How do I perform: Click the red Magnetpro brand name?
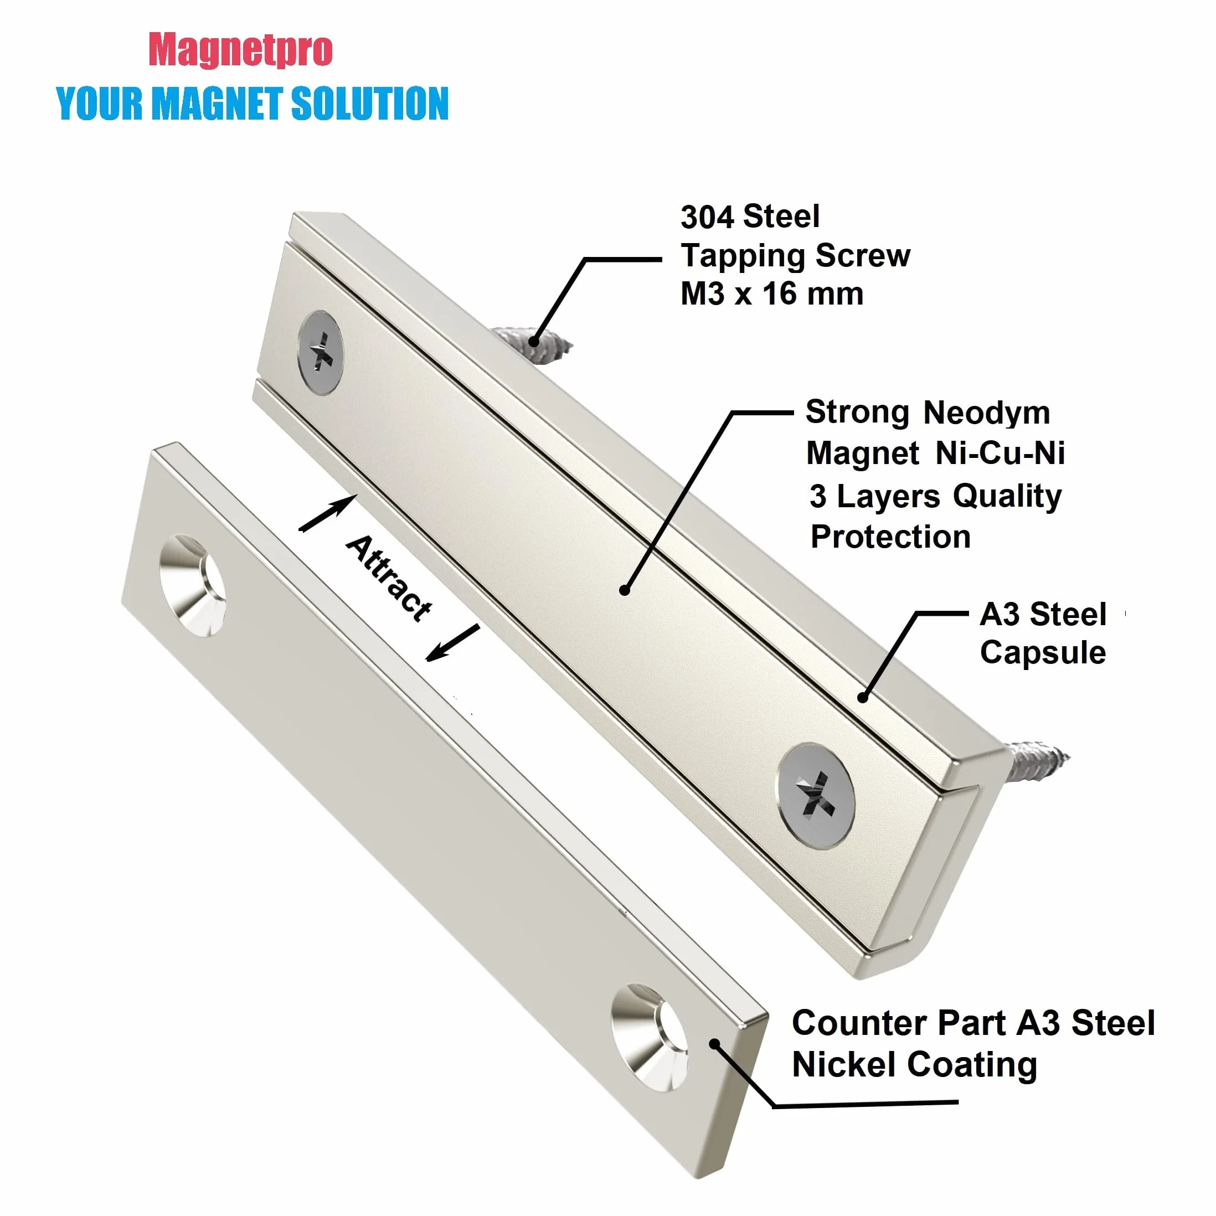[240, 50]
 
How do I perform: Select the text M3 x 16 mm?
[772, 294]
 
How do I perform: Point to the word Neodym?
[986, 414]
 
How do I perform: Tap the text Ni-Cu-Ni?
[1000, 453]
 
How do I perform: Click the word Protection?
[890, 537]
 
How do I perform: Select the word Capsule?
[1043, 653]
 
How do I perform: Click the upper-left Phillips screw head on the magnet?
[321, 353]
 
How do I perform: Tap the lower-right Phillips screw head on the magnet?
[816, 796]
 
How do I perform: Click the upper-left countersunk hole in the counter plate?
[192, 585]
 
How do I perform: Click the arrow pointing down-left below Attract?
[453, 643]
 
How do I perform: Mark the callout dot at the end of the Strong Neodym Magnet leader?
[625, 590]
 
